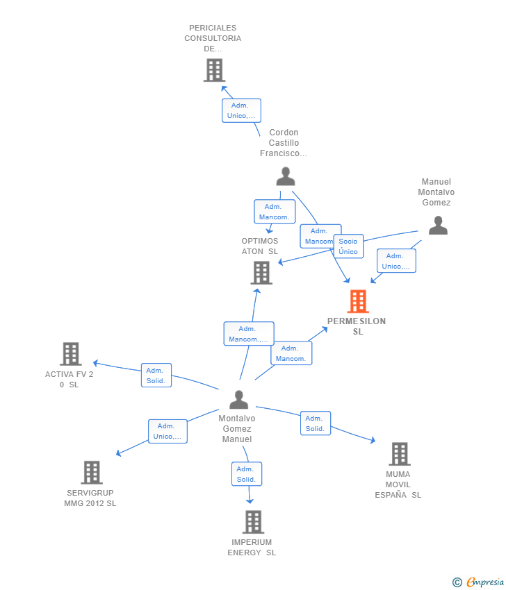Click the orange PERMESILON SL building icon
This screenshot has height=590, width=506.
[358, 301]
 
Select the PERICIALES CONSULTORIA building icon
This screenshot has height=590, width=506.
[214, 70]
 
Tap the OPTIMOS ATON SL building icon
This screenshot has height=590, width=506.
[261, 273]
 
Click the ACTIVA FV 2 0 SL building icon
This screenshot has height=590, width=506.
[70, 354]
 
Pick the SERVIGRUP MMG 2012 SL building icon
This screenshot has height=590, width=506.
[92, 473]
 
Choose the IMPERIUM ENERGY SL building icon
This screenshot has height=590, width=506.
[253, 522]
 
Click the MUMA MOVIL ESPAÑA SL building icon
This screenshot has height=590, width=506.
[399, 454]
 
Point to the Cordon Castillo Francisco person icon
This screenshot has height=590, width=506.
[285, 177]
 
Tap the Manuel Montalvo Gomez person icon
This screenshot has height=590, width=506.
[437, 225]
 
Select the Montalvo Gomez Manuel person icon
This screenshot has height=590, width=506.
[238, 400]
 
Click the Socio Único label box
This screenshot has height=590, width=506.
[348, 246]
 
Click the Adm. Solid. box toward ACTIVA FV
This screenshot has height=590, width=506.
[156, 376]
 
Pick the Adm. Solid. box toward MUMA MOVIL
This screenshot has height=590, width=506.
[315, 423]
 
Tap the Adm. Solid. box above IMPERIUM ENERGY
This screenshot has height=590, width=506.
[246, 474]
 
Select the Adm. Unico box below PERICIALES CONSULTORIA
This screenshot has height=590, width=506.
[240, 110]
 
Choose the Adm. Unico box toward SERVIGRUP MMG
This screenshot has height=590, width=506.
[168, 431]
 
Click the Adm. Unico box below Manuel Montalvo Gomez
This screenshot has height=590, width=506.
[396, 261]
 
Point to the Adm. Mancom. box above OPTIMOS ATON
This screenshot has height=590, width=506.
[275, 212]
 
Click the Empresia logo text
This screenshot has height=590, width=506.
[484, 582]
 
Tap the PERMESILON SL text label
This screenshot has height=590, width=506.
[357, 326]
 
